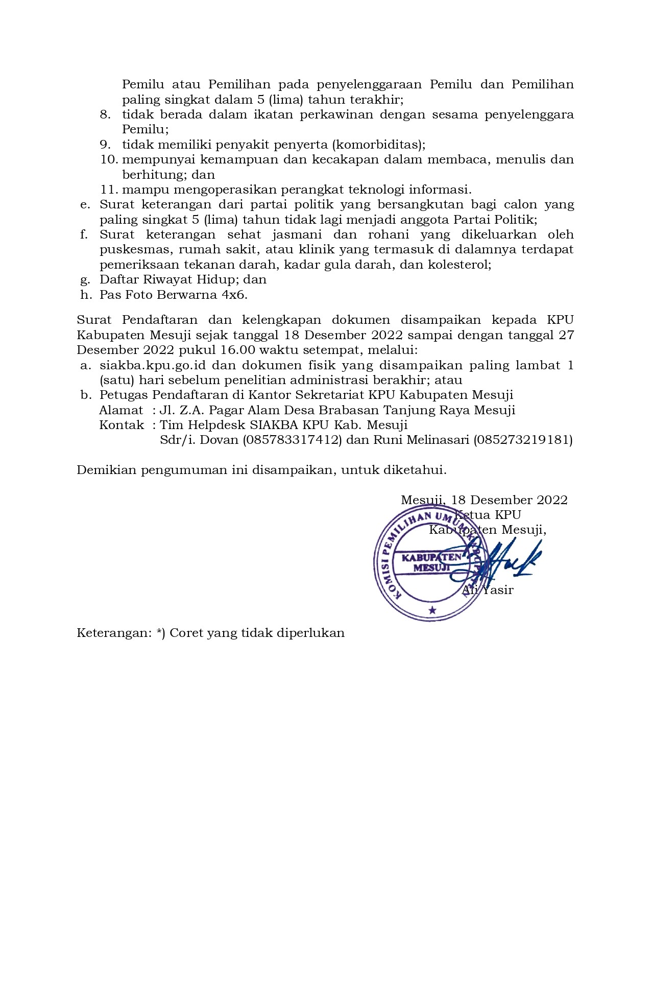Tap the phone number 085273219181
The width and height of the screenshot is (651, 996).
[x=523, y=440]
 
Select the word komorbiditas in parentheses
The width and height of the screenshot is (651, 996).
[x=377, y=145]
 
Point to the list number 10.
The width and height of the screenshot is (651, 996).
[x=109, y=159]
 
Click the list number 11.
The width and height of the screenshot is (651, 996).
[x=109, y=189]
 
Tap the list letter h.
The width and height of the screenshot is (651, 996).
[x=85, y=295]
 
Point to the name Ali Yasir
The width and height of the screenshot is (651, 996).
[x=488, y=590]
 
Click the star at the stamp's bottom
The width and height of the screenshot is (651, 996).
[x=432, y=610]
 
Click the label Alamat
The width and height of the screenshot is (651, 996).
[x=121, y=410]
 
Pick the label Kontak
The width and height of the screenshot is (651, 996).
[x=122, y=425]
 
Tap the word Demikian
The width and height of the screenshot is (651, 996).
[x=107, y=470]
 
